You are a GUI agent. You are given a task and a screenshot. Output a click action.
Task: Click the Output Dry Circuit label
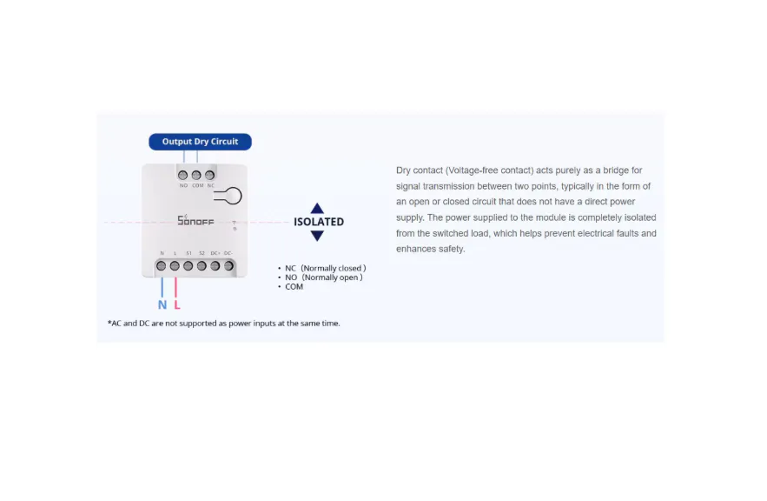click(x=200, y=142)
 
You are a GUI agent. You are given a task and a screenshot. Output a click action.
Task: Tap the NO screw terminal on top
click(x=183, y=175)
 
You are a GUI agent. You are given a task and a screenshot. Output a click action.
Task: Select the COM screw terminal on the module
click(x=196, y=175)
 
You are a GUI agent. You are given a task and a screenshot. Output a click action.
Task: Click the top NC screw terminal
click(x=210, y=175)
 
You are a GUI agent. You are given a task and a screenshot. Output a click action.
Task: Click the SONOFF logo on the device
click(x=195, y=221)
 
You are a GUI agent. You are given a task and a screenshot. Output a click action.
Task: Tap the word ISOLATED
click(x=318, y=222)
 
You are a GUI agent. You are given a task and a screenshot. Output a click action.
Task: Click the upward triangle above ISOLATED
click(x=317, y=208)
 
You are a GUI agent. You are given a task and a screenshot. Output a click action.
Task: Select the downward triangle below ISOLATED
click(x=317, y=236)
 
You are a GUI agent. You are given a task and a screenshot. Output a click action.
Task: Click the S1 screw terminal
click(x=188, y=265)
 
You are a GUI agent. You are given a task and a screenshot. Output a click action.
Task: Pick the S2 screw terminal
click(x=202, y=265)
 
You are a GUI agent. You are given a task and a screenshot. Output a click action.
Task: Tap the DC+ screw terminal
click(x=215, y=265)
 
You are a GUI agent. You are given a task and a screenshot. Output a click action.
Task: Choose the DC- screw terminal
click(x=228, y=265)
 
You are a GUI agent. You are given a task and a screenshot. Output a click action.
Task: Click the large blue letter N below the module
click(x=162, y=305)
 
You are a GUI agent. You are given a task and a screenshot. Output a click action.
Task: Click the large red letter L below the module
click(x=176, y=305)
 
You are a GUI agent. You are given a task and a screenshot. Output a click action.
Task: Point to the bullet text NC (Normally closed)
click(x=325, y=268)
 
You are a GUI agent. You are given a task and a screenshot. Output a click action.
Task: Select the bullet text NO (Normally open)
click(x=323, y=277)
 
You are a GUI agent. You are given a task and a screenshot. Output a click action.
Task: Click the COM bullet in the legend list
click(x=294, y=287)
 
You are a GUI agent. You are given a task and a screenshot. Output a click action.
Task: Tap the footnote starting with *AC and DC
click(x=223, y=324)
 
